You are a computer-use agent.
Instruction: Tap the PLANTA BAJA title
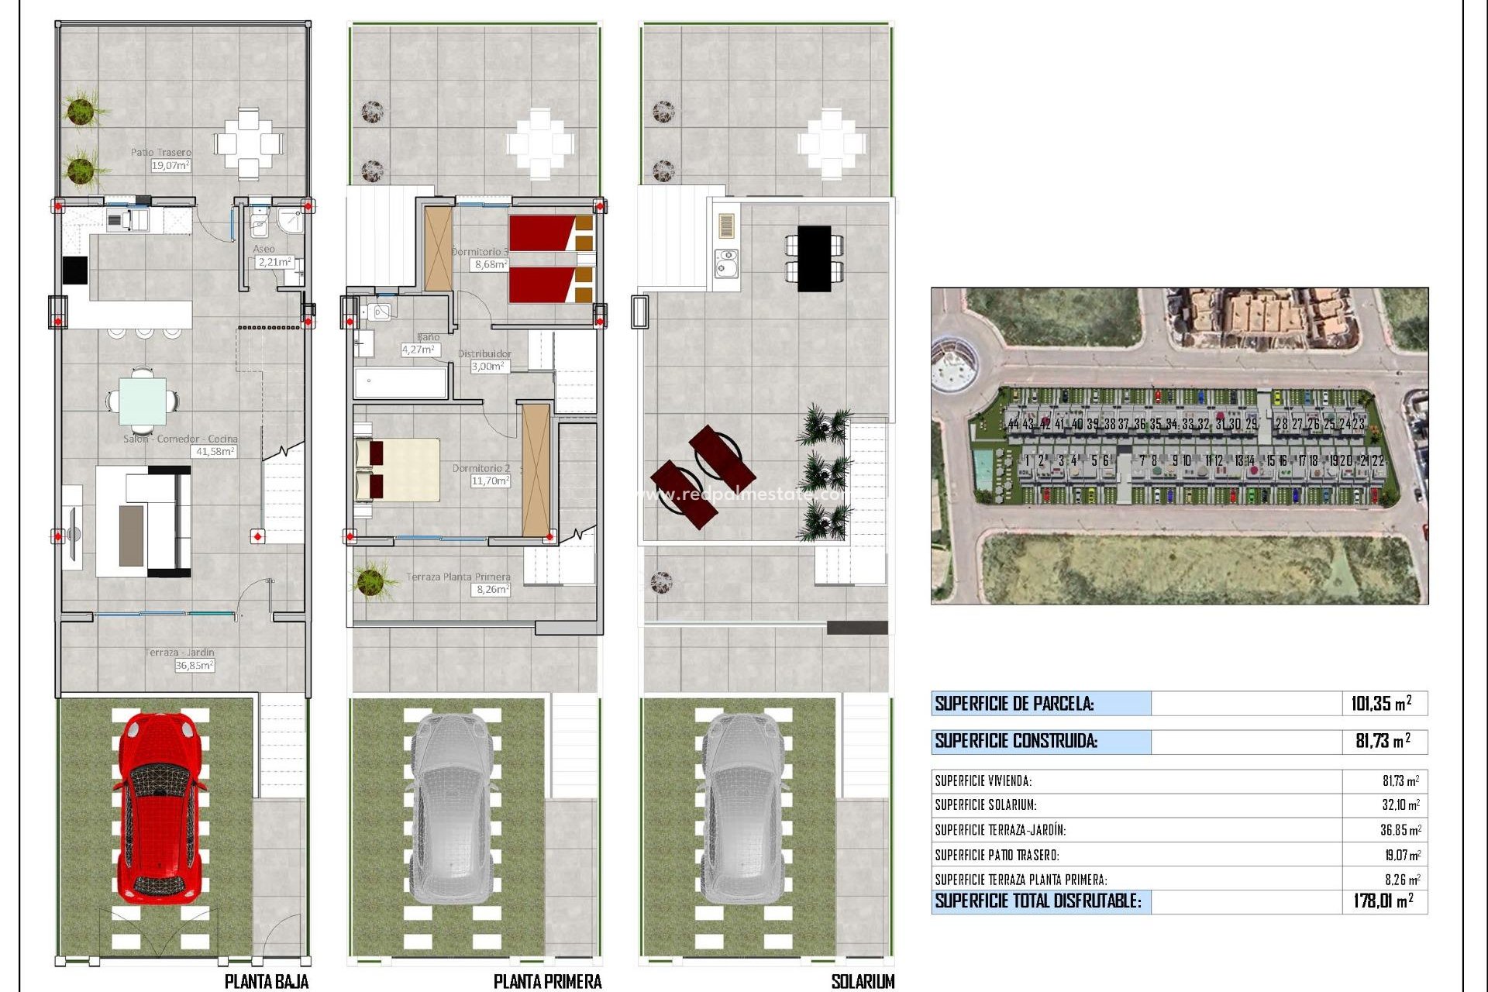pos(266,981)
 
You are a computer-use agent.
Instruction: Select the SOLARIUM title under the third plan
pos(862,981)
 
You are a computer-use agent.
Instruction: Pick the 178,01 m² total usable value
pos(1383,901)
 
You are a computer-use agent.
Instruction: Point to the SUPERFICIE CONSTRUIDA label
pos(1015,741)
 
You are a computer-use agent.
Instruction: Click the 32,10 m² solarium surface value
pos(1400,805)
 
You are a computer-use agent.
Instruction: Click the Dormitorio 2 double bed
pos(397,470)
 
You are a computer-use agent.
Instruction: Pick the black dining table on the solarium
pos(814,258)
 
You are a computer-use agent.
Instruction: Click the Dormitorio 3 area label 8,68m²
pos(491,264)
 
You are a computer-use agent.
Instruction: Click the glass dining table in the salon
pos(142,400)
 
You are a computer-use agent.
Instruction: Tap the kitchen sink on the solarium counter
pos(727,263)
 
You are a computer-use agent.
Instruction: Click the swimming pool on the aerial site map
pos(982,468)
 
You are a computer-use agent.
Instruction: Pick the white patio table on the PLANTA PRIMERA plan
pos(540,144)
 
